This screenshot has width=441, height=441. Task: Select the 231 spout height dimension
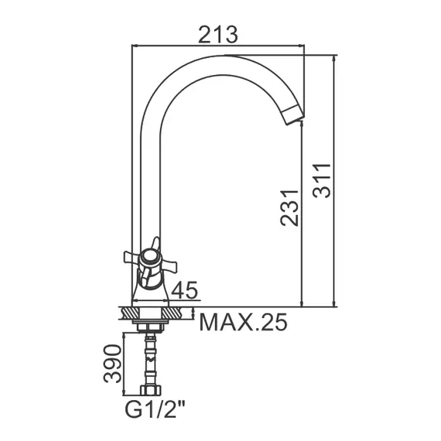289,207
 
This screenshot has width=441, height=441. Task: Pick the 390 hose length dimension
114,360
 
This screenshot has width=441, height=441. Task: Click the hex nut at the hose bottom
151,388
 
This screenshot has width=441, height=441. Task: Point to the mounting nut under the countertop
152,326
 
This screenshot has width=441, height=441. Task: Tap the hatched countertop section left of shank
131,313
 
